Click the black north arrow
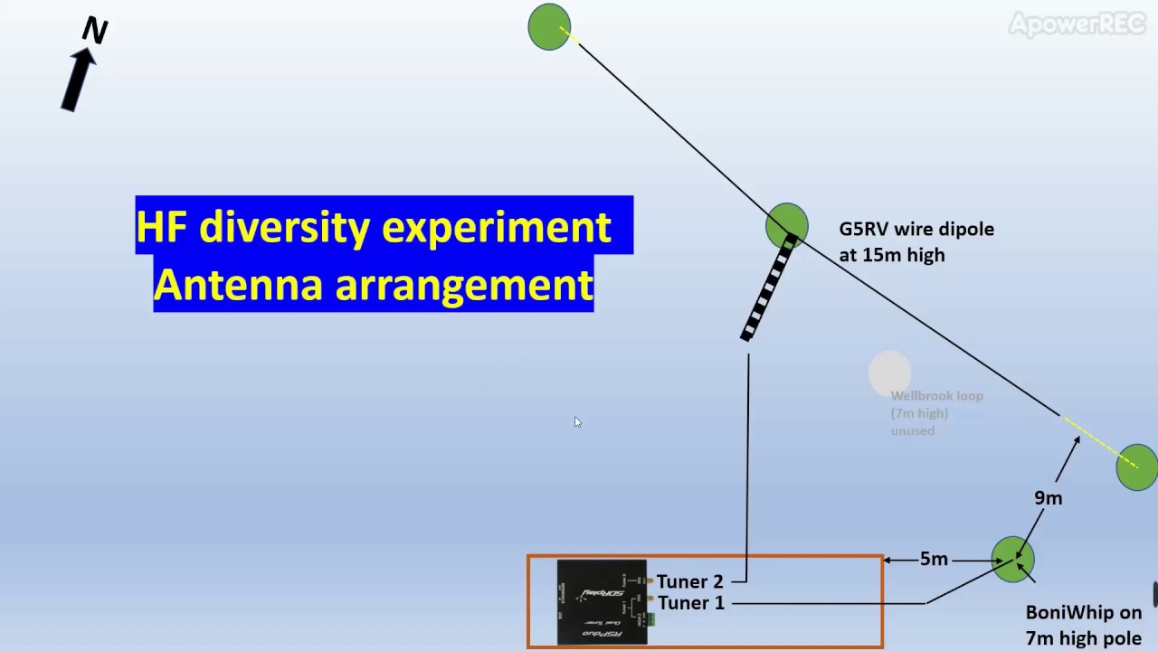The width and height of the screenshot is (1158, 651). pos(79,80)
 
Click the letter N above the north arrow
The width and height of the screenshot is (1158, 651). pos(95,31)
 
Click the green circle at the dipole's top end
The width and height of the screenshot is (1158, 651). pos(549,26)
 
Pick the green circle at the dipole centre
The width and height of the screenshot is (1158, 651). pos(786,224)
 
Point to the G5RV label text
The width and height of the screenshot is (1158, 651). pos(865,230)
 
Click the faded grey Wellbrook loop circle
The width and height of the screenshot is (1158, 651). pos(889,373)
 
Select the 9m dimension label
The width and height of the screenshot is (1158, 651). pos(1048,498)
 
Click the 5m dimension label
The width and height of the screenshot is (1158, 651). pos(934,560)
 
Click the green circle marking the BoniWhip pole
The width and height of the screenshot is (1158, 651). pos(1012,558)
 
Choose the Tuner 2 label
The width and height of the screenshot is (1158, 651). pos(689,581)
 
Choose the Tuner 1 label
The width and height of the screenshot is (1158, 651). pos(690,603)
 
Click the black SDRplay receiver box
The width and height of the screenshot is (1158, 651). pos(602,602)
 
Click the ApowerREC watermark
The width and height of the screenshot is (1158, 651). pos(1077,24)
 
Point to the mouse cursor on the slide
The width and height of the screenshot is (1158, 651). pos(577,422)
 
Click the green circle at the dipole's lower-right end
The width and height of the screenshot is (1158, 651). pos(1136,467)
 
